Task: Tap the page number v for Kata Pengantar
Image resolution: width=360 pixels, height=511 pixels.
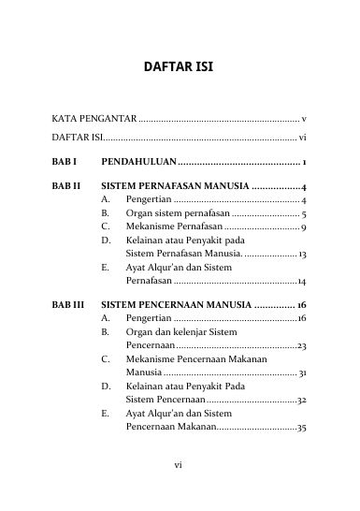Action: [x=305, y=121]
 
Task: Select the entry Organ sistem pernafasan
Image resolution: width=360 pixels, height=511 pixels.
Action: [x=164, y=213]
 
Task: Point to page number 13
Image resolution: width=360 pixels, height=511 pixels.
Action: [x=302, y=254]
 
